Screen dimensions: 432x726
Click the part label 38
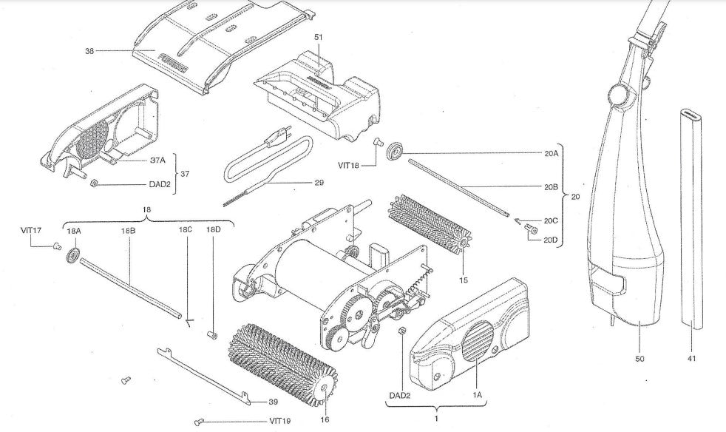[x=89, y=50]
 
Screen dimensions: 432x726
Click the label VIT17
[x=30, y=230]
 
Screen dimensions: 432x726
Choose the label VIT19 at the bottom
[x=280, y=421]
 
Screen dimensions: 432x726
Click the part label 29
[x=319, y=181]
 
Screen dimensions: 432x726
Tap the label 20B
[x=550, y=187]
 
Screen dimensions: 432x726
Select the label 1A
[x=477, y=396]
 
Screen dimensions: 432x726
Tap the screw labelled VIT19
[x=198, y=422]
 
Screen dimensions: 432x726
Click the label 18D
[x=213, y=230]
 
